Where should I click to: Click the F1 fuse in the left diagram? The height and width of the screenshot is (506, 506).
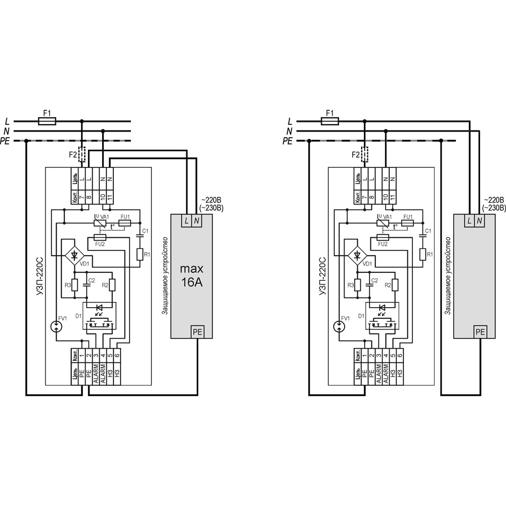(48, 121)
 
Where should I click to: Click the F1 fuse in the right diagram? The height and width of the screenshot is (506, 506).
(330, 121)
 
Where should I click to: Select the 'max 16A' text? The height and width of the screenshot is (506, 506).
(192, 276)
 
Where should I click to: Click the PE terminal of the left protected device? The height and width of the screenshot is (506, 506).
(197, 332)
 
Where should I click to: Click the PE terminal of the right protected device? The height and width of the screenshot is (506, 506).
(480, 332)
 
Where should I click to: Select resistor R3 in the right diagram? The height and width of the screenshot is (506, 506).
(357, 286)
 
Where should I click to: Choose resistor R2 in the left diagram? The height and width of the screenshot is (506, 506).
(112, 286)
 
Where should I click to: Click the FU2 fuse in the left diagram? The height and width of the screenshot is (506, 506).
(100, 237)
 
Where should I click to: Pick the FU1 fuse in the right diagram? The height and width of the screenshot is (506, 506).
(407, 223)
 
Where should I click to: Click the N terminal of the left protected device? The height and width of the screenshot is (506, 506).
(197, 221)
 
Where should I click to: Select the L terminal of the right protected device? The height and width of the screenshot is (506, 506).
(470, 221)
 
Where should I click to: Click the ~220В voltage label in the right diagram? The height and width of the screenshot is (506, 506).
(493, 200)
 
